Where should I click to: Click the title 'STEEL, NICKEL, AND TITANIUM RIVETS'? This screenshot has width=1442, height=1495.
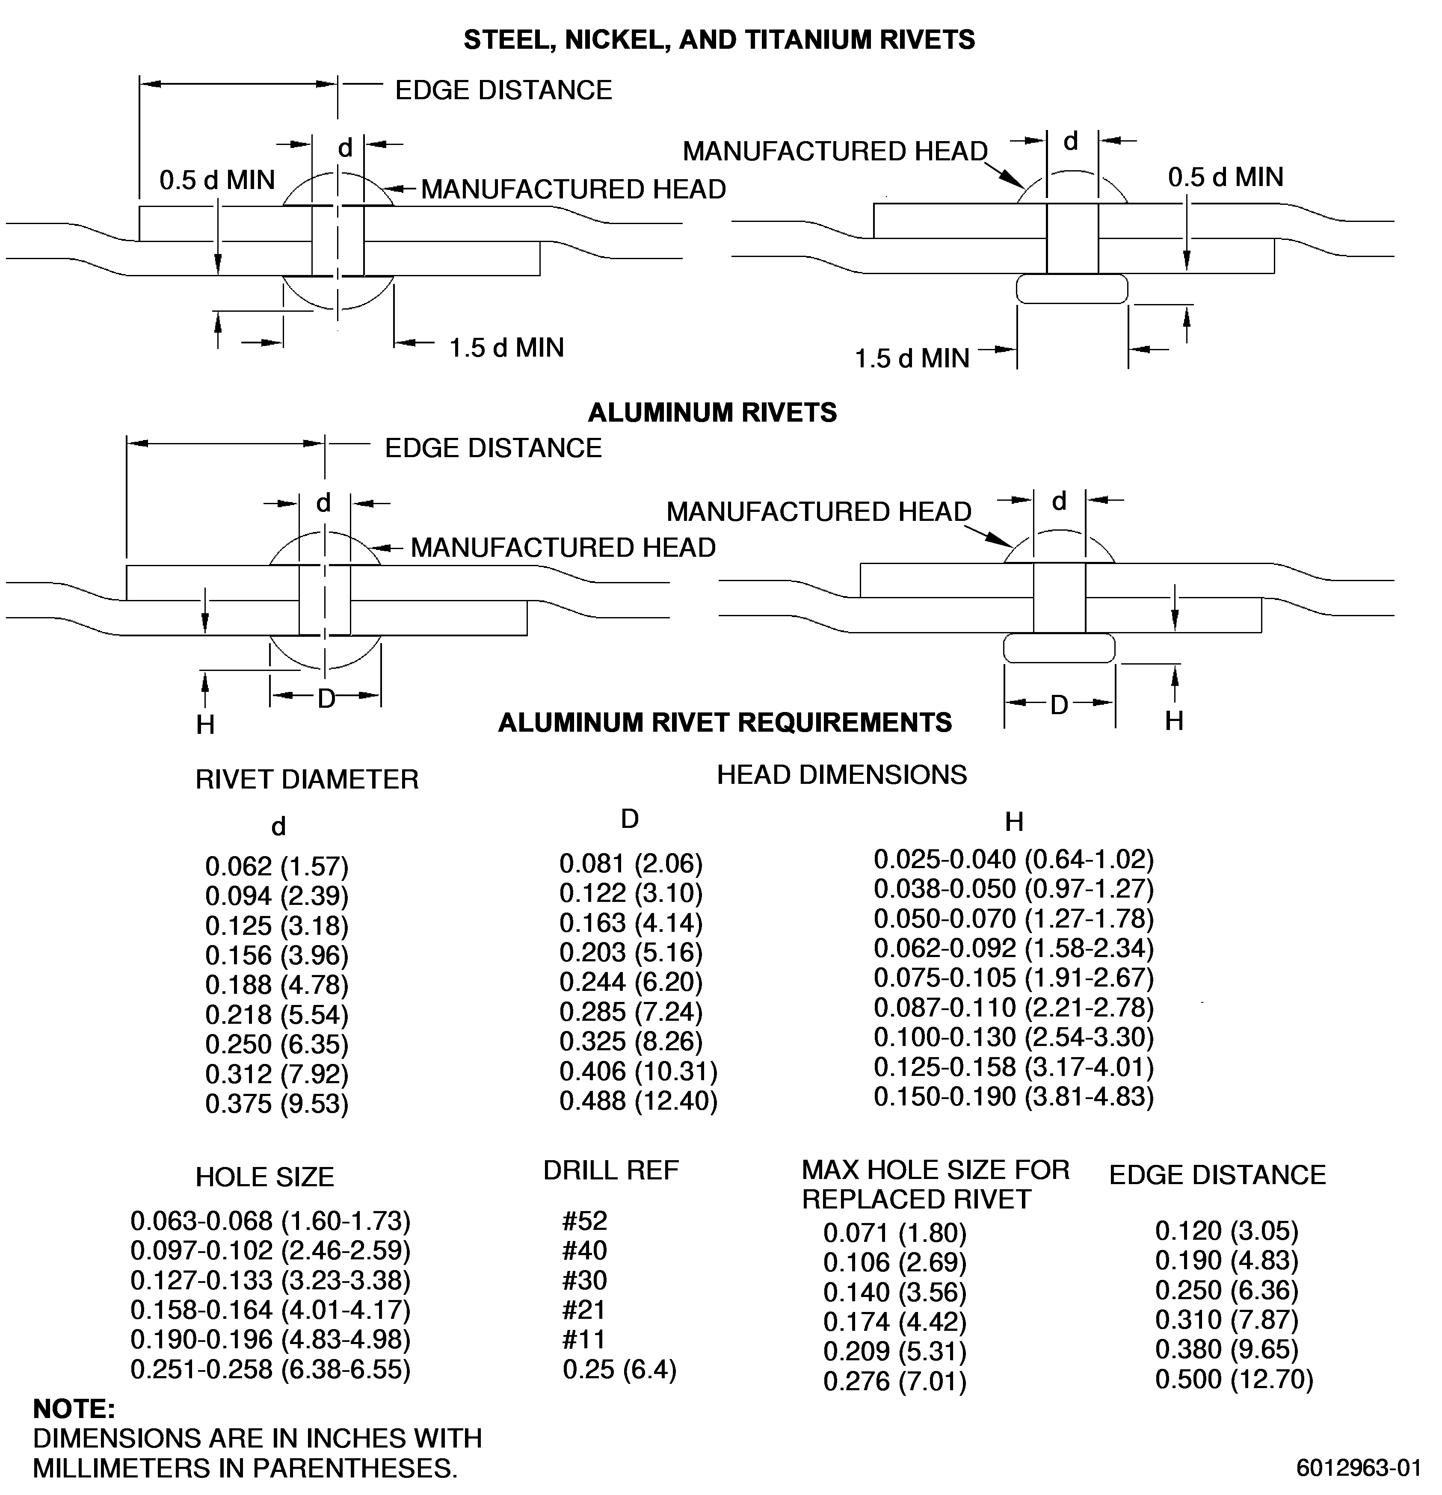tap(720, 40)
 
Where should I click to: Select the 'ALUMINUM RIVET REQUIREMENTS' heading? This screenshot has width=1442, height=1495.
tap(725, 722)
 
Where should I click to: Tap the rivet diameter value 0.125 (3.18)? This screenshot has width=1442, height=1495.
tap(277, 926)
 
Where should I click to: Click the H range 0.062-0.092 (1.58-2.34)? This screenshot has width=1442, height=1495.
tap(1014, 948)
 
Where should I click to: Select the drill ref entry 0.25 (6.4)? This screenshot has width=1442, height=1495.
tap(619, 1369)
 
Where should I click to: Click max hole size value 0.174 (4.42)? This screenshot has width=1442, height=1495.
tap(895, 1322)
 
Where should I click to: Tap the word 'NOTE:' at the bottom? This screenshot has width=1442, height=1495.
tap(74, 1408)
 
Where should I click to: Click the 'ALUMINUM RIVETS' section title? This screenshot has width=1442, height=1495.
tap(713, 413)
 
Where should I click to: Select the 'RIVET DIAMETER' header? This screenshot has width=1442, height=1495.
tap(308, 780)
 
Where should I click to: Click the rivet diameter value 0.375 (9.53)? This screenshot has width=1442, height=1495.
tap(277, 1104)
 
